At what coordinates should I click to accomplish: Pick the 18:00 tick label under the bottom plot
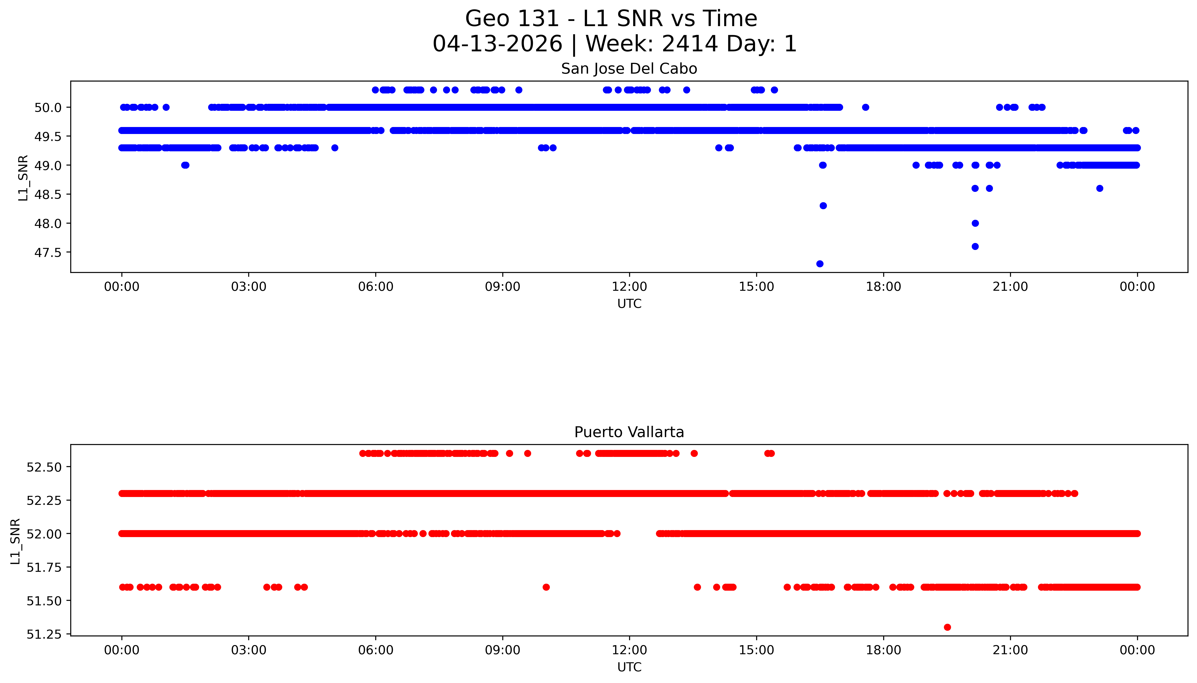point(883,650)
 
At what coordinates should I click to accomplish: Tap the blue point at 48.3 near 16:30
point(823,205)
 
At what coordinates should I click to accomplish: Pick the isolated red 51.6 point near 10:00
point(546,587)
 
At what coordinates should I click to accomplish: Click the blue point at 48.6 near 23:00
point(1099,188)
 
